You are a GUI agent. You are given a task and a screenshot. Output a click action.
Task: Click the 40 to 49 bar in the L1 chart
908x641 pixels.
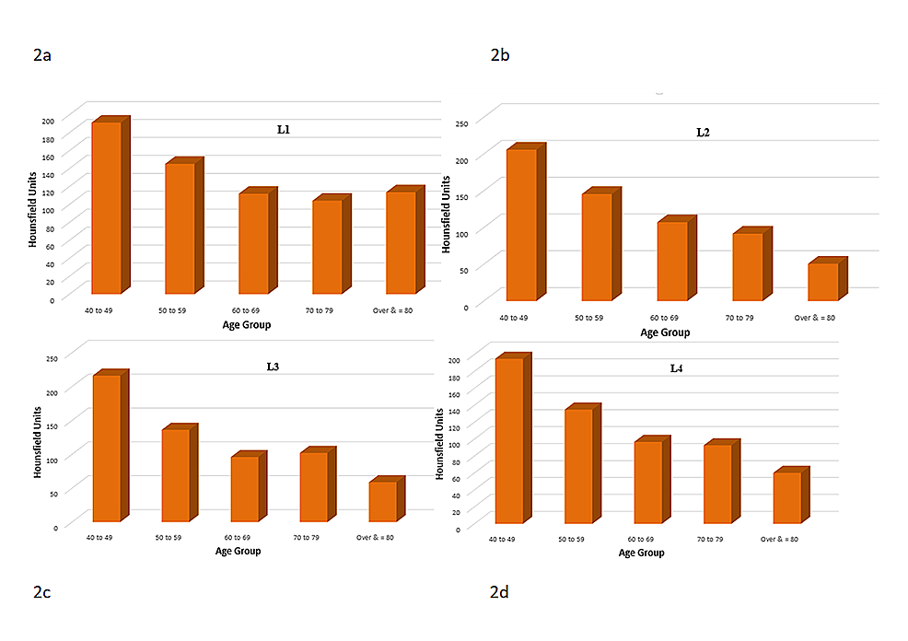tap(106, 207)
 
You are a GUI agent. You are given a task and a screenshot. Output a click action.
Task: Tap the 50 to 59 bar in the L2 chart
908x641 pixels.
tap(596, 247)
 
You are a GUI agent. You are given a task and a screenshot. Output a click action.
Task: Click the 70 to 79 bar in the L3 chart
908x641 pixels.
tap(312, 487)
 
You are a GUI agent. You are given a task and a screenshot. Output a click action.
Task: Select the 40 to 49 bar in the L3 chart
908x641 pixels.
tap(106, 449)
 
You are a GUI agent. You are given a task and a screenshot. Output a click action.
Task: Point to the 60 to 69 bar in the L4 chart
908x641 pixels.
tap(646, 483)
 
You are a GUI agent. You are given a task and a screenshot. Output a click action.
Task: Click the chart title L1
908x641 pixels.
tap(285, 131)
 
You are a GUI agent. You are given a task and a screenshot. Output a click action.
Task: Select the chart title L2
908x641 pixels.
tap(703, 133)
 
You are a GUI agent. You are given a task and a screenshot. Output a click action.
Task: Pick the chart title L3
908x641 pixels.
tap(273, 367)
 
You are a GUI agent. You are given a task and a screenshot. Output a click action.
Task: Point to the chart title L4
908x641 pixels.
tap(677, 368)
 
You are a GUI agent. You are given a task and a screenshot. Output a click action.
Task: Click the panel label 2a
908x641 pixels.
tap(41, 55)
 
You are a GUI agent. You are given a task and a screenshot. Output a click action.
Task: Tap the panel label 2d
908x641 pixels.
tap(499, 592)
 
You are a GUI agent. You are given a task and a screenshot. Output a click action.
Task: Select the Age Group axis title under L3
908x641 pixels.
tap(238, 551)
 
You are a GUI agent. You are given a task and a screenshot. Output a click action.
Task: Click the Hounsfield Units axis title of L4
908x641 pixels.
tap(438, 443)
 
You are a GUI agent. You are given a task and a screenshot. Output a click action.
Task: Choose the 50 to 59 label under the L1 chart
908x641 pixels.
tap(179, 311)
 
